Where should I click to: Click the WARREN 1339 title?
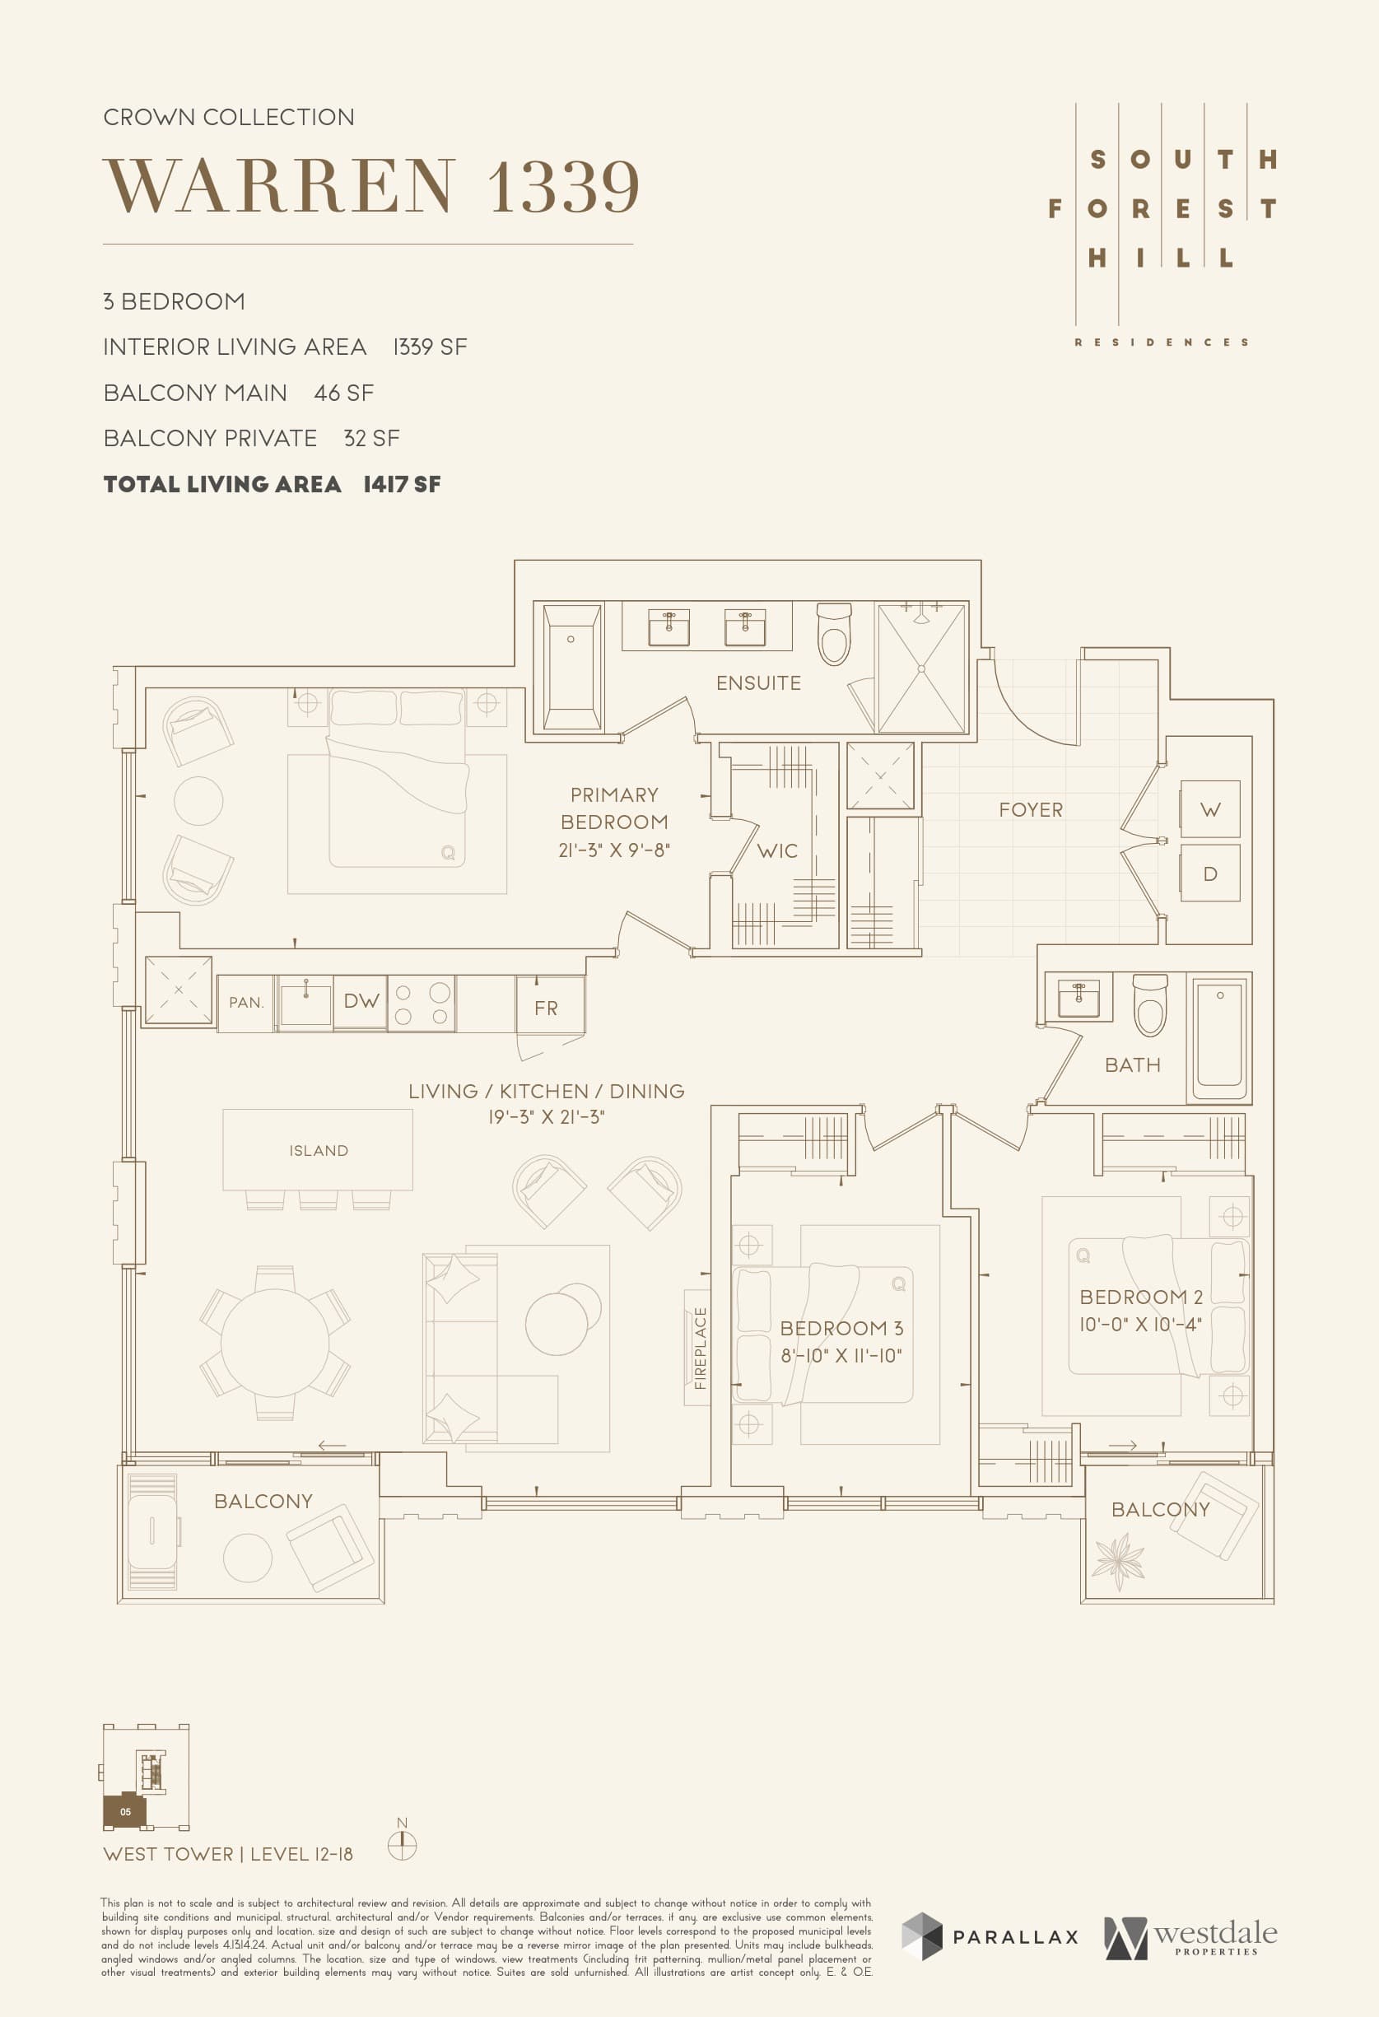click(371, 186)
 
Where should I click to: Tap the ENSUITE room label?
click(757, 683)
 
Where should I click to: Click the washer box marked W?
click(1209, 810)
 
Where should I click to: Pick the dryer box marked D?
click(1209, 874)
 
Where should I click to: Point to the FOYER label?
click(1030, 810)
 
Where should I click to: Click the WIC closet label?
click(776, 851)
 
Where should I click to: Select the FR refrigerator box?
click(546, 1008)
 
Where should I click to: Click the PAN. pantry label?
click(246, 1003)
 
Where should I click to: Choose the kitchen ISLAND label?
click(319, 1151)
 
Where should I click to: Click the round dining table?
click(274, 1343)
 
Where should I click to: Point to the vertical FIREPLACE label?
click(701, 1348)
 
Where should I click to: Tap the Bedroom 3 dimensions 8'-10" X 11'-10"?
click(841, 1356)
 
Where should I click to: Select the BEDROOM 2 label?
click(1140, 1297)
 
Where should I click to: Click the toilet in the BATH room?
click(1151, 1005)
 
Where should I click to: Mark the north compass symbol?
click(402, 1844)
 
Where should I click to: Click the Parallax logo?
click(990, 1936)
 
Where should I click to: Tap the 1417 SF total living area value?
click(402, 484)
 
